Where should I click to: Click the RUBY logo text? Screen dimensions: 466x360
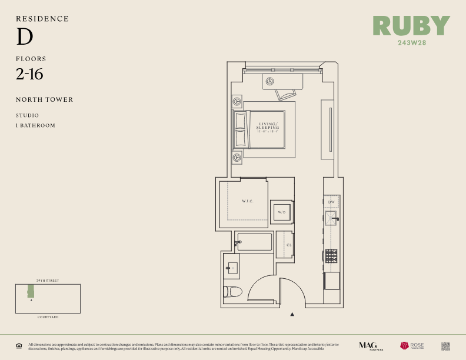tap(411, 25)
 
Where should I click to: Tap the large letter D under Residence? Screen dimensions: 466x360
tap(24, 37)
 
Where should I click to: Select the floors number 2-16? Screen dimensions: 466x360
tap(29, 74)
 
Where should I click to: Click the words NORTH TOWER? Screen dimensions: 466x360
tap(45, 99)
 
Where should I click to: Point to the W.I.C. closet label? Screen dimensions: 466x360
tap(247, 202)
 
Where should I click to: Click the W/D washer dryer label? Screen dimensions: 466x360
tap(281, 212)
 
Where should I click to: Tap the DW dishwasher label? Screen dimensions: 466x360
tap(331, 202)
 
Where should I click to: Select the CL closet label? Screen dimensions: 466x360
tap(289, 245)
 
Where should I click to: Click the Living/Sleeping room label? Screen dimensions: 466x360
tap(268, 127)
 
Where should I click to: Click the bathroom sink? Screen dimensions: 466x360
tap(232, 268)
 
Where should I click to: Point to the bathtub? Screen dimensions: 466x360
tap(255, 242)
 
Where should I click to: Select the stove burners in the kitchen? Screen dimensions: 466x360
tap(331, 255)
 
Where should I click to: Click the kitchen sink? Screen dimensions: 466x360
tap(331, 219)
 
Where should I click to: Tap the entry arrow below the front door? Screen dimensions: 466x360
tap(292, 315)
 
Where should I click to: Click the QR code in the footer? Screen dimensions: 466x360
tap(445, 346)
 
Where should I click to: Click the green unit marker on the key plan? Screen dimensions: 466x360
tap(30, 291)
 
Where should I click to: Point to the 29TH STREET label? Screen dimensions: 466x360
tap(48, 281)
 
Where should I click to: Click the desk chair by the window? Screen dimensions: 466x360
tap(286, 93)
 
